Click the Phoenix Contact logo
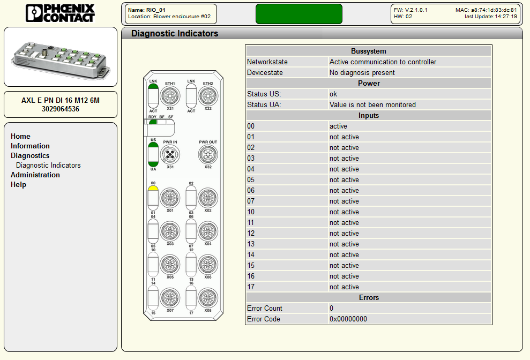[60, 13]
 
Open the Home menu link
[20, 136]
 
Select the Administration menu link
[35, 175]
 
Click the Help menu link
[18, 185]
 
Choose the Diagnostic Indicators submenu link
[48, 166]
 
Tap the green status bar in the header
[299, 14]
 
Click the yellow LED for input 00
[153, 188]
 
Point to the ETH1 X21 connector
[170, 96]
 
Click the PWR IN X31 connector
[170, 154]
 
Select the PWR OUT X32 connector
[208, 154]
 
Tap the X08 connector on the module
[208, 298]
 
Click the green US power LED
[153, 145]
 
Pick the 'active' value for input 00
[338, 126]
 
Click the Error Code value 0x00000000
[348, 319]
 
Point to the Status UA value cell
[372, 105]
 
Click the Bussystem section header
[369, 51]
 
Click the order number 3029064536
[61, 109]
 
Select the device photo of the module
[61, 57]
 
